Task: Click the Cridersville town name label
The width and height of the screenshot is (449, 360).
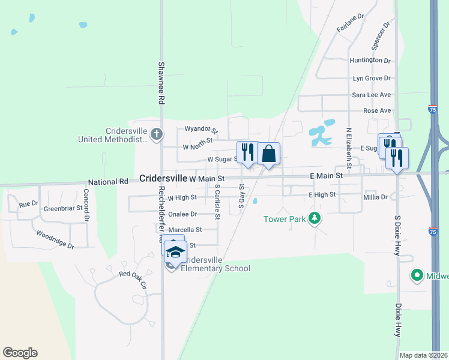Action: tap(163, 179)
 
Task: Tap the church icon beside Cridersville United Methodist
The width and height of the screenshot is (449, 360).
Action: tap(156, 134)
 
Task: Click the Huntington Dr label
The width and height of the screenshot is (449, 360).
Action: tap(370, 61)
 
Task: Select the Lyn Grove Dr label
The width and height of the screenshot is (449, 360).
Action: tap(372, 78)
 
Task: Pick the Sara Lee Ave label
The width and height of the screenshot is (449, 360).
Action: tap(371, 95)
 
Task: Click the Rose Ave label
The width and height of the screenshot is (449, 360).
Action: tap(377, 111)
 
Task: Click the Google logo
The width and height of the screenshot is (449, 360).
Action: tap(20, 353)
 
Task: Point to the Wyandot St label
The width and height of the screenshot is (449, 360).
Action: tap(201, 129)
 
